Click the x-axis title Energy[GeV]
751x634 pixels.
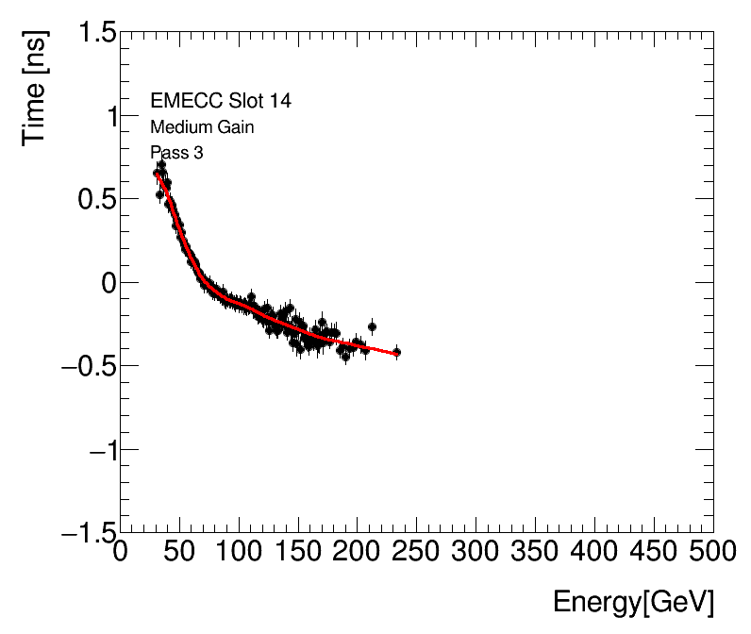click(633, 602)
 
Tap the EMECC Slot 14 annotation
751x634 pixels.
click(213, 101)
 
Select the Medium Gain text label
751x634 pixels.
click(201, 127)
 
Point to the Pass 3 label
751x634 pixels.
click(176, 153)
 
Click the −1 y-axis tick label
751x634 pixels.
click(98, 450)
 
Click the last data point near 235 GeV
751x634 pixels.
click(397, 352)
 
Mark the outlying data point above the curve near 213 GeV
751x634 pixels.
click(372, 326)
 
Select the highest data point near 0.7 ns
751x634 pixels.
click(161, 164)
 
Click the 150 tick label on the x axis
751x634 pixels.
click(298, 551)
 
